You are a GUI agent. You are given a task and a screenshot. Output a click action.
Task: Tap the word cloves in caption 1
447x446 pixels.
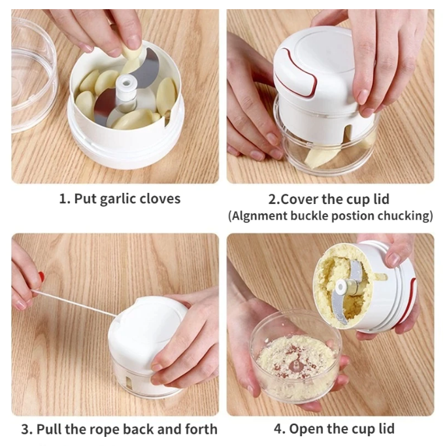(x=158, y=199)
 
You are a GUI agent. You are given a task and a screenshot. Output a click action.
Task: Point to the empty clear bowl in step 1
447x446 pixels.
(x=29, y=72)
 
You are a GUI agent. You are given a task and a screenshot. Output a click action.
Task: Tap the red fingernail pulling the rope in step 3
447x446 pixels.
(x=41, y=277)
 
